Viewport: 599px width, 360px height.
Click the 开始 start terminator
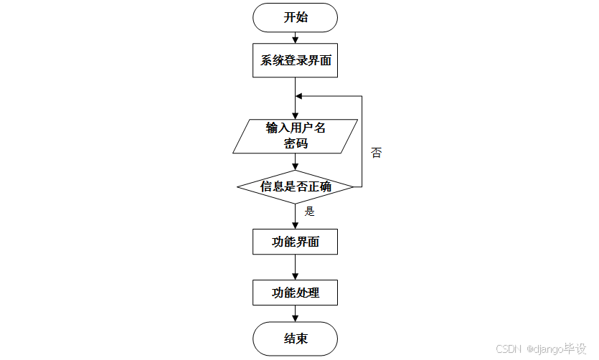pyautogui.click(x=295, y=18)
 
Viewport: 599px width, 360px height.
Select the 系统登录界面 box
pyautogui.click(x=295, y=61)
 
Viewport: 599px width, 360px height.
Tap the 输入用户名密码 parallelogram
pyautogui.click(x=295, y=136)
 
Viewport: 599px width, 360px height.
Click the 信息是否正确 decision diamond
pyautogui.click(x=295, y=187)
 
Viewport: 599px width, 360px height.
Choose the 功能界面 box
pyautogui.click(x=295, y=242)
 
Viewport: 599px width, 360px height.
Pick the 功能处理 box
pyautogui.click(x=295, y=293)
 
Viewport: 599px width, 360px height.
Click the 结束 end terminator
pyautogui.click(x=295, y=338)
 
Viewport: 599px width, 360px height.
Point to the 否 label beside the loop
pyautogui.click(x=376, y=153)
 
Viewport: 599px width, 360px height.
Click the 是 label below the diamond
pyautogui.click(x=310, y=212)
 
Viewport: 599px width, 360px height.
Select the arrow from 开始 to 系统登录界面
pyautogui.click(x=295, y=37)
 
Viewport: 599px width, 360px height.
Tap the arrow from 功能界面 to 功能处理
pyautogui.click(x=295, y=267)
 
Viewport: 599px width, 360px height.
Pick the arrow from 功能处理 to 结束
pyautogui.click(x=295, y=313)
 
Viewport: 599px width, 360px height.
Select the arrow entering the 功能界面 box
pyautogui.click(x=295, y=217)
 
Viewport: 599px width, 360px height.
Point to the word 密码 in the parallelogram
pyautogui.click(x=295, y=143)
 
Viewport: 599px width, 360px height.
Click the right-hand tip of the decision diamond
pyautogui.click(x=353, y=187)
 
